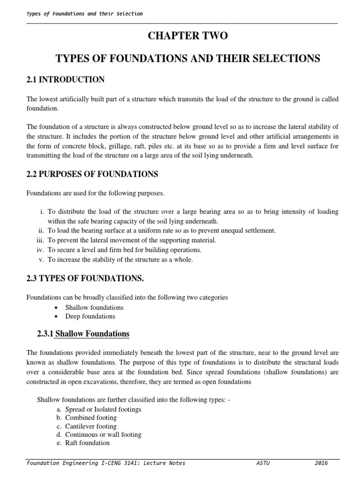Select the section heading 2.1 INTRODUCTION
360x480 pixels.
66,80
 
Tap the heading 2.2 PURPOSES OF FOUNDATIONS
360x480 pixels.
92,174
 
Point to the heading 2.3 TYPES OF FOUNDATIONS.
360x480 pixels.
85,278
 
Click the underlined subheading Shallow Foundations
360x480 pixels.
92,334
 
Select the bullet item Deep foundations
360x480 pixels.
90,316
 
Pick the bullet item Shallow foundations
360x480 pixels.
94,307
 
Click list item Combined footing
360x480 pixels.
91,418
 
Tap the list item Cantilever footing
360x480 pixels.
91,426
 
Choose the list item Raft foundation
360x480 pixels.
87,443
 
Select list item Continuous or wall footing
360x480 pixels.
103,435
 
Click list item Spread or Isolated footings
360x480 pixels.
103,409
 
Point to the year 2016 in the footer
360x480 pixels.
321,463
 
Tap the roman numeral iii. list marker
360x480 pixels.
40,240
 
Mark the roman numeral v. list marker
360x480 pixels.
42,259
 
